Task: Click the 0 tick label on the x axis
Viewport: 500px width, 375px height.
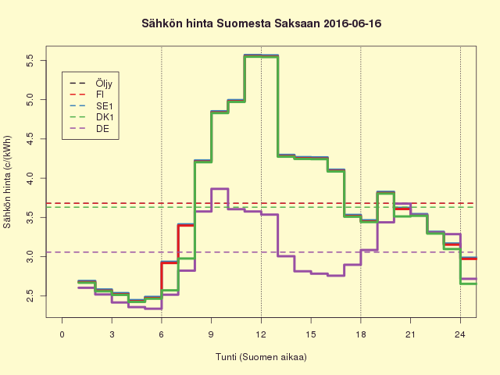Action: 62,334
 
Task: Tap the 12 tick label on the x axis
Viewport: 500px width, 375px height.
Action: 261,334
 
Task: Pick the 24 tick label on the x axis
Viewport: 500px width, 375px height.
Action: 460,334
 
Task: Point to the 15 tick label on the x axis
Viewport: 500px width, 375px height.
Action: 311,334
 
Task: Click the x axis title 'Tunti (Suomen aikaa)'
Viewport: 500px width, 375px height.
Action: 261,357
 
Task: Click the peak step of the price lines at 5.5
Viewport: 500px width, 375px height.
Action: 261,55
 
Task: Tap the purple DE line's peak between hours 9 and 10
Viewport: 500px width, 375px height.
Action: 220,188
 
